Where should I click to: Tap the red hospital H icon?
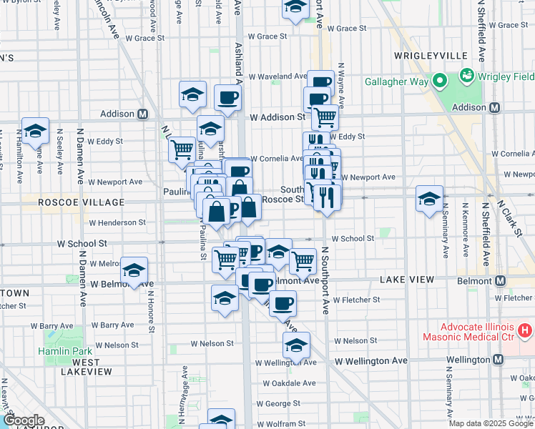point(525,330)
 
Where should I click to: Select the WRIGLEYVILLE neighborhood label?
point(430,56)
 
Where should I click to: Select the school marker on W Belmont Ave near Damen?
point(134,270)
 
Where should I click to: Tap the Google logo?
point(23,421)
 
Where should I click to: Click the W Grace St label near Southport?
point(345,29)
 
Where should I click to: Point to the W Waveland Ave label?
point(277,77)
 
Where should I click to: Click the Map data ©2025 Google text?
point(491,423)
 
